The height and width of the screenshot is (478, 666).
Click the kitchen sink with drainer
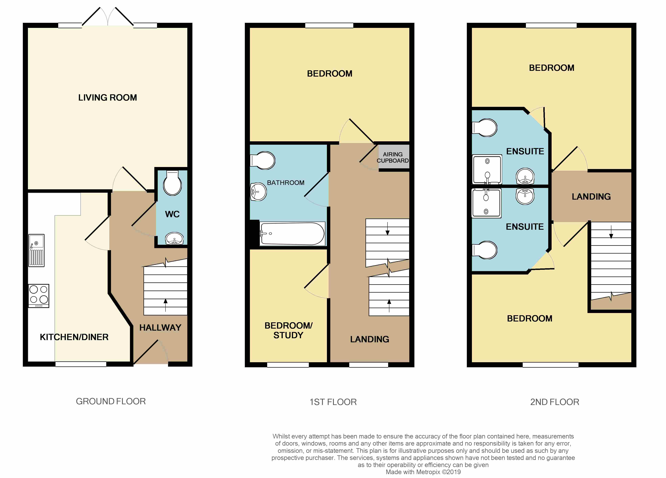pyautogui.click(x=36, y=250)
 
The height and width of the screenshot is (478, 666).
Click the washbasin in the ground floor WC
pyautogui.click(x=174, y=238)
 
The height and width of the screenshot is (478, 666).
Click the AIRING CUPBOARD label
pyautogui.click(x=393, y=158)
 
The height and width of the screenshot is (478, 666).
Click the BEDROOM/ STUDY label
pyautogui.click(x=288, y=330)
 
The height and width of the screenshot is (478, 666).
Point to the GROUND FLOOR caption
pyautogui.click(x=111, y=401)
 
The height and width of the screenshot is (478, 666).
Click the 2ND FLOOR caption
pyautogui.click(x=554, y=402)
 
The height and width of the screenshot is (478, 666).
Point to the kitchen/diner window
pyautogui.click(x=81, y=364)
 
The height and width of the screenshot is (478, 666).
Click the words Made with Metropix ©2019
pyautogui.click(x=423, y=472)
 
